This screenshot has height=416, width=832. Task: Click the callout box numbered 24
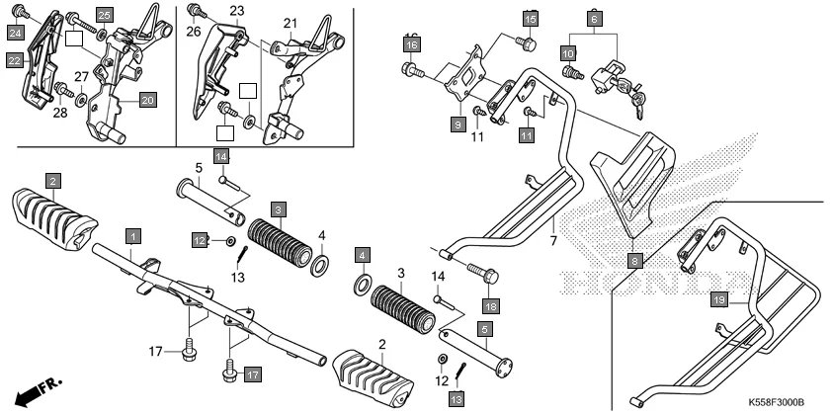click(x=15, y=34)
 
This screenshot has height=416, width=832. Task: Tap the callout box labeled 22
click(x=15, y=61)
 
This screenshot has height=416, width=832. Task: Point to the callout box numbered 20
click(x=146, y=100)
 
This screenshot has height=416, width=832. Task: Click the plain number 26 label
click(x=193, y=31)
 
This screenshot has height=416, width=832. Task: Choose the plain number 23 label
click(x=236, y=11)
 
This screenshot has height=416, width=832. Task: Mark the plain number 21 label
click(x=290, y=23)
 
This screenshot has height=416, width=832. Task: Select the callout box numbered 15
click(x=531, y=19)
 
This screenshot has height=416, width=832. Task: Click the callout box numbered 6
click(x=594, y=19)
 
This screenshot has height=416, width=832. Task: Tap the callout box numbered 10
click(x=568, y=52)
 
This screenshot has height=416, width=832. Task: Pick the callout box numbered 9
click(x=458, y=125)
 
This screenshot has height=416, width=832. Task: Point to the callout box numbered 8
click(x=634, y=261)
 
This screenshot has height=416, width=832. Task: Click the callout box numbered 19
click(x=719, y=299)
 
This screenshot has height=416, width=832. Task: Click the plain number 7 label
click(x=554, y=241)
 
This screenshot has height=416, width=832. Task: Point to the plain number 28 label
click(x=59, y=113)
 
